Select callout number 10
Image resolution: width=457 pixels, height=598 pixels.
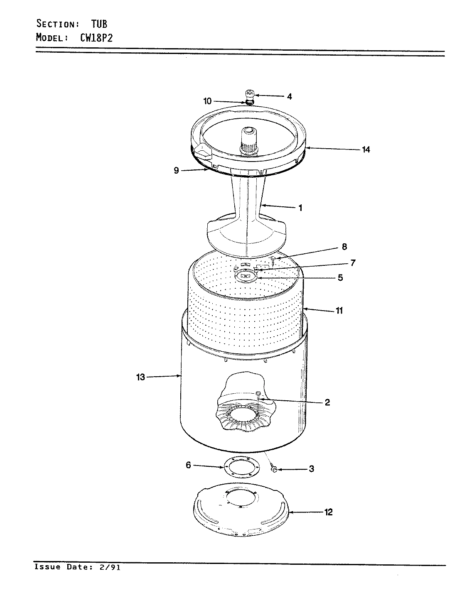pyautogui.click(x=208, y=101)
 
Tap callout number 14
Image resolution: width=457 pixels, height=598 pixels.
pyautogui.click(x=366, y=149)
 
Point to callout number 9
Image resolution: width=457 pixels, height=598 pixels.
pyautogui.click(x=177, y=170)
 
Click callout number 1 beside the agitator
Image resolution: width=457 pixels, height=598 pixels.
pyautogui.click(x=300, y=208)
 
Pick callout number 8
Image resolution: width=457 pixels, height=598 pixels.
pyautogui.click(x=344, y=247)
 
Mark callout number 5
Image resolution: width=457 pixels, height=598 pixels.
pyautogui.click(x=340, y=278)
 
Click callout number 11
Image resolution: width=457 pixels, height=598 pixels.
pyautogui.click(x=339, y=310)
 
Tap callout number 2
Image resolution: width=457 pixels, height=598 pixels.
pyautogui.click(x=327, y=402)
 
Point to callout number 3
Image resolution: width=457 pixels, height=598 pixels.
pyautogui.click(x=311, y=469)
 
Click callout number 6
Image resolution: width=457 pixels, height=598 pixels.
pyautogui.click(x=188, y=466)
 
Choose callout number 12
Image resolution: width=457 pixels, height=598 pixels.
pyautogui.click(x=328, y=512)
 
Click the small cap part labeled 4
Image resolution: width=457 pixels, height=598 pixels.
pyautogui.click(x=250, y=93)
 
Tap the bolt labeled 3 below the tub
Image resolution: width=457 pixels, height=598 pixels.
pyautogui.click(x=274, y=469)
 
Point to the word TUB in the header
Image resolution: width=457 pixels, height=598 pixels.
pyautogui.click(x=99, y=23)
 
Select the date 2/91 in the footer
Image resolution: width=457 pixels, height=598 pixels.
pyautogui.click(x=110, y=567)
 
